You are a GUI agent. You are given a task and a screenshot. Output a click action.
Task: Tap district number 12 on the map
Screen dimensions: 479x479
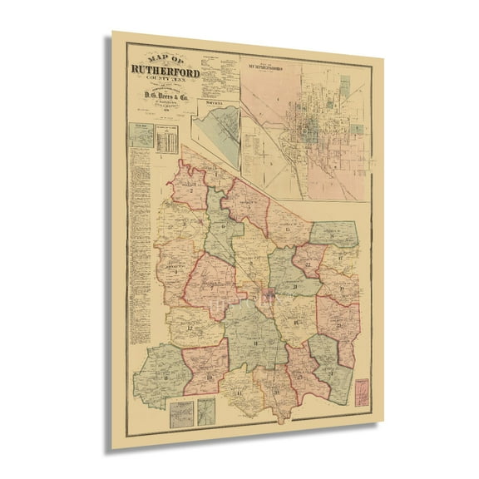pyautogui.click(x=193, y=327)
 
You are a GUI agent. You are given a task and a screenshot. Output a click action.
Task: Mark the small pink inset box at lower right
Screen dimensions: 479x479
pyautogui.click(x=363, y=391)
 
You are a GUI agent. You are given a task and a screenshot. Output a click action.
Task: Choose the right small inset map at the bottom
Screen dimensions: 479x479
pyautogui.click(x=205, y=411)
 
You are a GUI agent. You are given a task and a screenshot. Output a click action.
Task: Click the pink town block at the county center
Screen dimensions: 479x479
pyautogui.click(x=268, y=293)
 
